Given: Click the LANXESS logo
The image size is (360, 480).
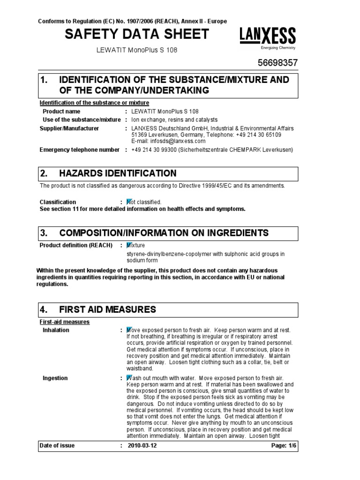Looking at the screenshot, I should [x=268, y=36].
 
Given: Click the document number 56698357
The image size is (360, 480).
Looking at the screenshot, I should [x=277, y=63].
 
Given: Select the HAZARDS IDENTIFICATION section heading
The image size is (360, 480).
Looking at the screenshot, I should [x=118, y=173].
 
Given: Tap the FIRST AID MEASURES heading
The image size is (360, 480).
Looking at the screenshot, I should [x=107, y=309].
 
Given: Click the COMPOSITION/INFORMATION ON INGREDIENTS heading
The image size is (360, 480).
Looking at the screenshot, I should [x=164, y=233].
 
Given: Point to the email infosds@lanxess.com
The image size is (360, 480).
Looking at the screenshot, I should [x=168, y=141].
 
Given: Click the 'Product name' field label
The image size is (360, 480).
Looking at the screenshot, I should [x=61, y=112].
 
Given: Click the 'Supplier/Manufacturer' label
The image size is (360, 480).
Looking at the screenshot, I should [x=69, y=128].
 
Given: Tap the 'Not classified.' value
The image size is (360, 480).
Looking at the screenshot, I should [x=144, y=202].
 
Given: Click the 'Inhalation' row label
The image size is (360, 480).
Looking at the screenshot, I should [x=56, y=330].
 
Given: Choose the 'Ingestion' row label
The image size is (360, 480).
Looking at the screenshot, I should [x=55, y=378].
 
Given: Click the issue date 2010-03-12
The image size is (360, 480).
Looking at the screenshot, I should [x=143, y=445].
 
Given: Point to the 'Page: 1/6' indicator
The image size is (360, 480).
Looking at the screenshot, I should [x=284, y=445].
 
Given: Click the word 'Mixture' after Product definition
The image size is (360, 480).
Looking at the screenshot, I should [x=136, y=245].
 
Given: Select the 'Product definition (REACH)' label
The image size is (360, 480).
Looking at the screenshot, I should [x=76, y=245].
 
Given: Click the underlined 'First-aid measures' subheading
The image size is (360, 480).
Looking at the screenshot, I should [x=64, y=322].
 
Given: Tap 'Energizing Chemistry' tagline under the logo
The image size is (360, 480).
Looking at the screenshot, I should [x=278, y=48].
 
